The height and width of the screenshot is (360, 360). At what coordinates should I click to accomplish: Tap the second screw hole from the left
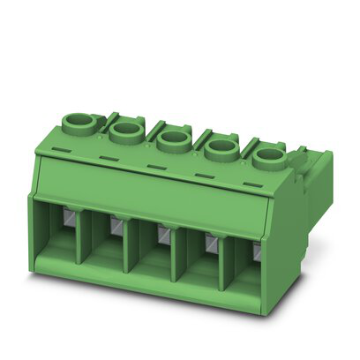pyautogui.click(x=126, y=131)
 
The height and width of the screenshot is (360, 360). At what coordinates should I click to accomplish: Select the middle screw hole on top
pyautogui.click(x=173, y=139)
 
